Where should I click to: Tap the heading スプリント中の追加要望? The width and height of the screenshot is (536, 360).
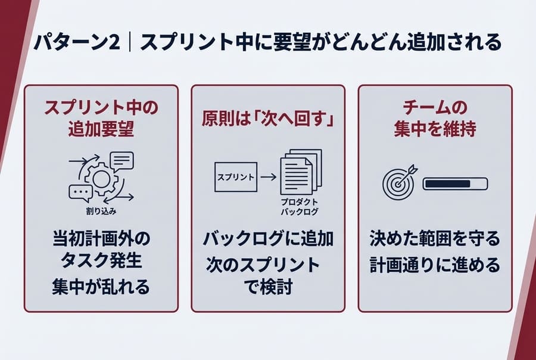[x=101, y=119]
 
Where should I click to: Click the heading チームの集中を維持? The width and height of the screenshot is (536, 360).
[x=434, y=119]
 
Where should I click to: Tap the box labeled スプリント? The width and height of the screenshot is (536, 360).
[x=235, y=177]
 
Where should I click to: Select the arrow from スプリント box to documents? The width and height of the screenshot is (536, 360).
[x=269, y=177]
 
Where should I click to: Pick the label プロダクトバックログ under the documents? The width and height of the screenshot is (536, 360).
[x=300, y=207]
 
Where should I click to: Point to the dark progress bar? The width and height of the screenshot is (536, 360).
[x=455, y=184]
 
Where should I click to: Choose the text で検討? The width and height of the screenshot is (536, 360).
[x=267, y=287]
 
